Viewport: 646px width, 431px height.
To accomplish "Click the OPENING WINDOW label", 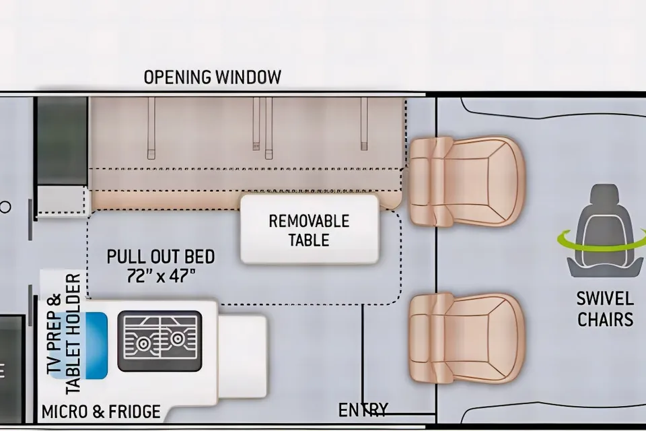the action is (x=212, y=77).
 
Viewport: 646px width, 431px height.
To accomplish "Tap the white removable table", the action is (x=310, y=230).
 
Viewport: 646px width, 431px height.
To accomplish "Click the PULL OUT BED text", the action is (x=161, y=257).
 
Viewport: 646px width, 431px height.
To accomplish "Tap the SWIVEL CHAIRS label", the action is (x=605, y=309).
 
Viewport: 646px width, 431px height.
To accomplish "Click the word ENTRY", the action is (x=363, y=410).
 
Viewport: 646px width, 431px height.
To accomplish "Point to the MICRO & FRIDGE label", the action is (x=101, y=411).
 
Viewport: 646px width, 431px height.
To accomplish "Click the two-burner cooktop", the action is (x=160, y=341).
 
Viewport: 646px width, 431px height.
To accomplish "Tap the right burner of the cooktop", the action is (x=178, y=339).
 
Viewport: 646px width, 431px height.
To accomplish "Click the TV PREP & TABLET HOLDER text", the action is (x=65, y=333).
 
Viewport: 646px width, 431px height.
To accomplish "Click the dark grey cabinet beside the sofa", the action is (x=62, y=141).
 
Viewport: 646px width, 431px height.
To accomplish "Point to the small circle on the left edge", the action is (x=5, y=207).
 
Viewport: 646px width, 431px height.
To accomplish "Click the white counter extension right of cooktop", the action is (x=242, y=357).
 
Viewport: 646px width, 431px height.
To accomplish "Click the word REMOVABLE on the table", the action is (x=309, y=222).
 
